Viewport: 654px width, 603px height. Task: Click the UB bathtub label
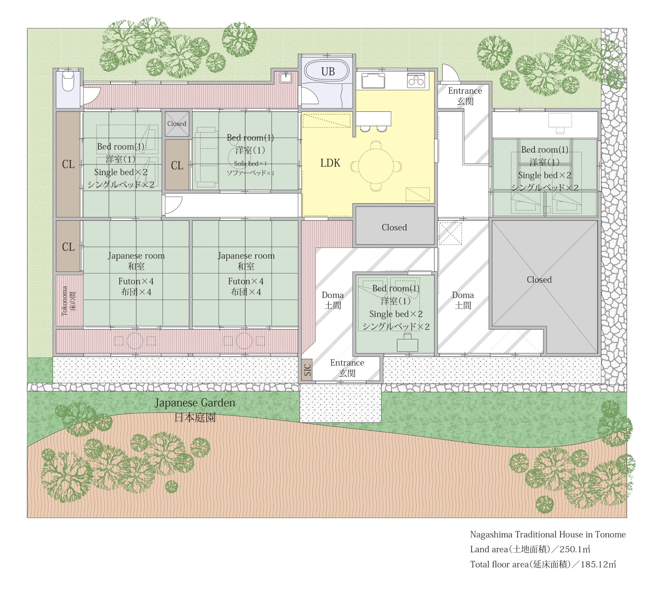[328, 71]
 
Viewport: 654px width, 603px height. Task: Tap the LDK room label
[330, 163]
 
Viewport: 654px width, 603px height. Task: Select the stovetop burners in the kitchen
[416, 81]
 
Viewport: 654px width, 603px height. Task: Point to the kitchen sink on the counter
[373, 81]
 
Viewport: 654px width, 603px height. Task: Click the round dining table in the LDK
[376, 166]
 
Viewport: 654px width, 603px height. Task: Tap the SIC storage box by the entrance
[307, 370]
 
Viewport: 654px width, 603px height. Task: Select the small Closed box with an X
[177, 124]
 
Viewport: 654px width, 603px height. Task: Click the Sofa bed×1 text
[250, 163]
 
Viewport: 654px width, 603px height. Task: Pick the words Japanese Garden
[194, 403]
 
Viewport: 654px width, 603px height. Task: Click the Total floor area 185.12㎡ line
[543, 564]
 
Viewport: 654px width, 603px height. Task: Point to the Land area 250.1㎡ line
[530, 549]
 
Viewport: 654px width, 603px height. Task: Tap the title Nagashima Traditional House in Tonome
[548, 534]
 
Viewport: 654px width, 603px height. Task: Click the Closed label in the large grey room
[539, 279]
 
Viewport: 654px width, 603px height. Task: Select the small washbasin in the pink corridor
[286, 78]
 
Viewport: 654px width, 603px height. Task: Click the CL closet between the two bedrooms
[177, 165]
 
